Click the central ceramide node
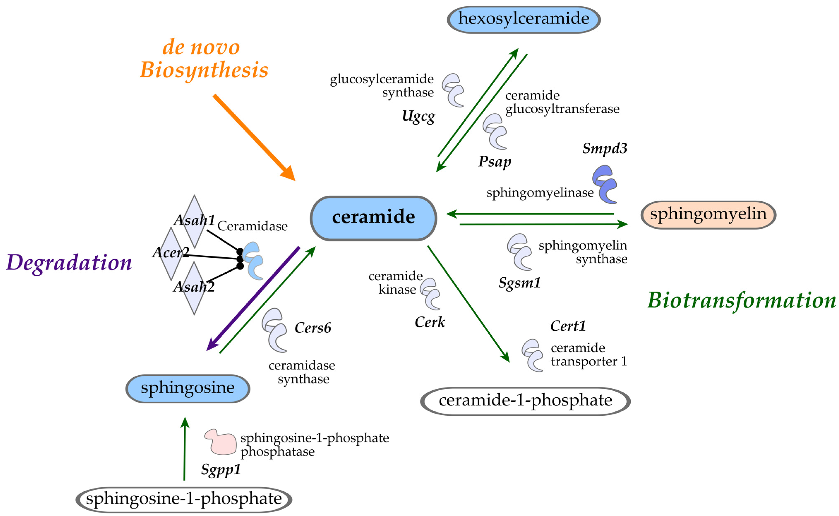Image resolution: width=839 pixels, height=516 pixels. [x=373, y=218]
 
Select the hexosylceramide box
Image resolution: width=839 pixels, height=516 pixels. [x=524, y=19]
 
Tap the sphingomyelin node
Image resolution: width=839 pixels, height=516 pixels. [x=708, y=215]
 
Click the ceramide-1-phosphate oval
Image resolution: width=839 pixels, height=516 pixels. [x=525, y=401]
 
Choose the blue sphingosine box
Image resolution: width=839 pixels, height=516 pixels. [x=188, y=389]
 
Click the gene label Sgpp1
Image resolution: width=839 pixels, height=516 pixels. [x=221, y=470]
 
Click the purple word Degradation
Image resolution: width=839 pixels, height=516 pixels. [x=69, y=263]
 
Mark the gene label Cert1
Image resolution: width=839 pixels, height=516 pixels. [x=568, y=326]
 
